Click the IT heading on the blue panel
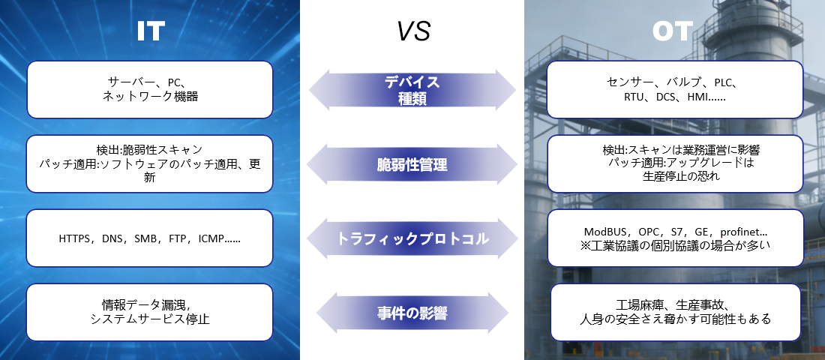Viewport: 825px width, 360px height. [x=151, y=31]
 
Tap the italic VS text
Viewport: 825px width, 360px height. [x=413, y=31]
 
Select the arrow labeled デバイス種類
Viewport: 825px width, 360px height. [x=412, y=90]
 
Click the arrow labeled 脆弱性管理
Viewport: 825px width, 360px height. [x=412, y=165]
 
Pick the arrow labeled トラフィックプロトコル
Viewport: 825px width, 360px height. [x=412, y=239]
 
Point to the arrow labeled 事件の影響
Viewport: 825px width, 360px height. [x=412, y=313]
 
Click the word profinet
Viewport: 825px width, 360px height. [x=739, y=232]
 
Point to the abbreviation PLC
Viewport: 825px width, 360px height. [x=724, y=82]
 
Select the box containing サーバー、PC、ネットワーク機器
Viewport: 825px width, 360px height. [x=150, y=89]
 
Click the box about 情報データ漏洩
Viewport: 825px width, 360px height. [x=150, y=312]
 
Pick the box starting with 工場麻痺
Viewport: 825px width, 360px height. [x=676, y=312]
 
